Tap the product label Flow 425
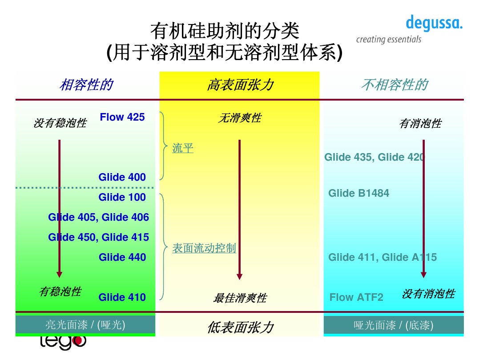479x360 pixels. pyautogui.click(x=122, y=117)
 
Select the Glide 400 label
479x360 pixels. pyautogui.click(x=122, y=177)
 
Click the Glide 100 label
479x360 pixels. pyautogui.click(x=122, y=197)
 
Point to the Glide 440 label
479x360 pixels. pyautogui.click(x=122, y=257)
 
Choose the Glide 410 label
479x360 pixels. pyautogui.click(x=122, y=297)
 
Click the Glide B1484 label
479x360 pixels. pyautogui.click(x=358, y=193)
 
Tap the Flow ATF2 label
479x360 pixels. pyautogui.click(x=356, y=297)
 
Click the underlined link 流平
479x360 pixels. pyautogui.click(x=183, y=148)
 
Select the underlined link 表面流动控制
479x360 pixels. pyautogui.click(x=204, y=248)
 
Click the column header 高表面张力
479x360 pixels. pyautogui.click(x=240, y=85)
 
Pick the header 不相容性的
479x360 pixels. pyautogui.click(x=394, y=85)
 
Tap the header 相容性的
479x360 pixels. pyautogui.click(x=86, y=85)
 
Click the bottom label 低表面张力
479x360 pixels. pyautogui.click(x=240, y=328)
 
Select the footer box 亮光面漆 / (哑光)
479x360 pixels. pyautogui.click(x=85, y=325)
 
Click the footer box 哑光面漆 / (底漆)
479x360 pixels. pyautogui.click(x=393, y=325)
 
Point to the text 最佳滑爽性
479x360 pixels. pyautogui.click(x=240, y=298)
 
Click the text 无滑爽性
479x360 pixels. pyautogui.click(x=240, y=118)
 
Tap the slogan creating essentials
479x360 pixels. pyautogui.click(x=388, y=40)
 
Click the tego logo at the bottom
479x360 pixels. pyautogui.click(x=63, y=342)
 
